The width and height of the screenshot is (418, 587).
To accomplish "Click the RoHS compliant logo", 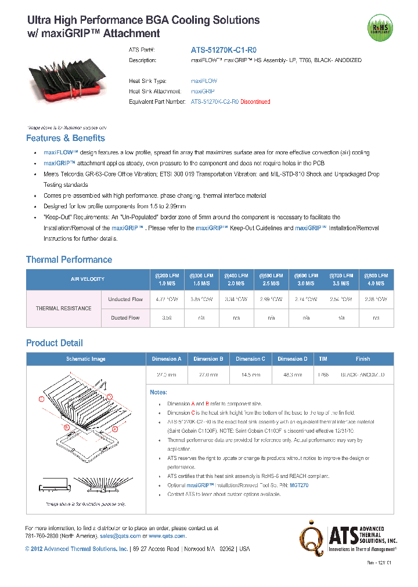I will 380,27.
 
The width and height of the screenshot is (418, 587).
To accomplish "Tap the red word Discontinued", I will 255,102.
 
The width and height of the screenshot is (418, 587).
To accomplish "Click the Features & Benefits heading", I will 66,138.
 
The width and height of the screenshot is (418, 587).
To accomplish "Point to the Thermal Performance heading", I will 69,259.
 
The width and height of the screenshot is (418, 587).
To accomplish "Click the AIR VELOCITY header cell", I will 88,279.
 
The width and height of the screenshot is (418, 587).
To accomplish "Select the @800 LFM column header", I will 376,279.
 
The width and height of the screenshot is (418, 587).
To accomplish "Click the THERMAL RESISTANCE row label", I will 64,309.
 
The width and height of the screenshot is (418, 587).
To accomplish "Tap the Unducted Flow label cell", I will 125,299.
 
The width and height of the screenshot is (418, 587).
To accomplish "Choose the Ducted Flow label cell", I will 125,318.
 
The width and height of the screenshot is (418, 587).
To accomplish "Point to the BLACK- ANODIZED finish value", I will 362,375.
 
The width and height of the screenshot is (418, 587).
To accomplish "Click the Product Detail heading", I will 55,343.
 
